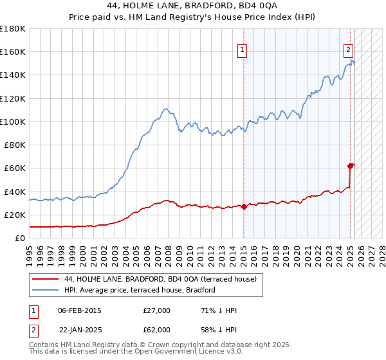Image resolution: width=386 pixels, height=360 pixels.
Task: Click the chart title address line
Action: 193,6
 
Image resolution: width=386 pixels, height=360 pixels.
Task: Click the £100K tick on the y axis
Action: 13,122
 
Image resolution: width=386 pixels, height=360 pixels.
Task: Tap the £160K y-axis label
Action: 13,51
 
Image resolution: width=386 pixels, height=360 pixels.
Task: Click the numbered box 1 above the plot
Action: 243,50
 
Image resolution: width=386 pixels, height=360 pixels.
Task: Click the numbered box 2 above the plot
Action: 348,50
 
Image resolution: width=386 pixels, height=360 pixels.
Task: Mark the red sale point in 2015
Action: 244,206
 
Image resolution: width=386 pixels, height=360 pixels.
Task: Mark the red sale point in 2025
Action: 351,166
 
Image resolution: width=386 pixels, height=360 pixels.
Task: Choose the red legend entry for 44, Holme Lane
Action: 160,279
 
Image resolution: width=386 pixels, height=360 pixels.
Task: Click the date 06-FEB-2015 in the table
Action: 80,311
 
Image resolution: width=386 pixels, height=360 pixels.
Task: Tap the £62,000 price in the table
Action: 157,330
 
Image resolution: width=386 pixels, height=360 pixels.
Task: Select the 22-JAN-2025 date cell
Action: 80,330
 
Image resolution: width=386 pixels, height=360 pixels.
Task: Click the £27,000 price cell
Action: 157,311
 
